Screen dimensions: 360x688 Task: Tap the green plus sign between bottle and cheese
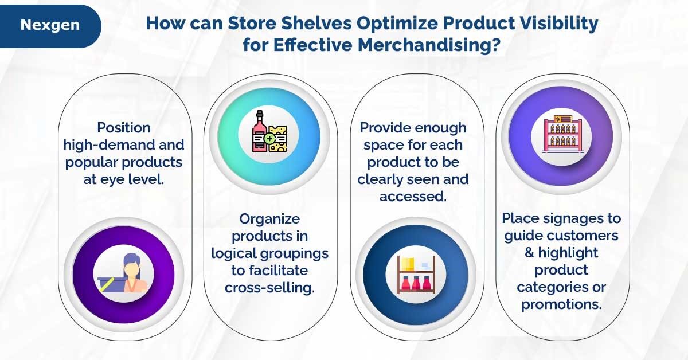(269, 139)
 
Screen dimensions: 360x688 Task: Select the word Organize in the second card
(266, 218)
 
